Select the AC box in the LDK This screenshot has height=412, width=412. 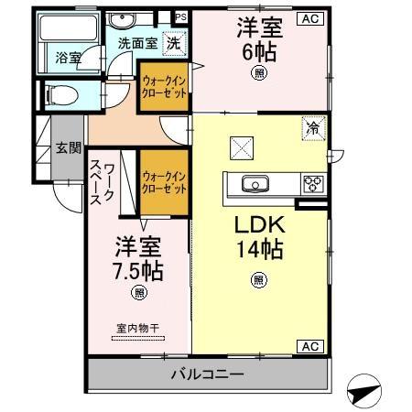pos(310,346)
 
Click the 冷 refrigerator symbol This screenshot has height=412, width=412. pos(312,129)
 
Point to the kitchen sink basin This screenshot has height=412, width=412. pos(255,183)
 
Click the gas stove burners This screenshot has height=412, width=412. pos(313,183)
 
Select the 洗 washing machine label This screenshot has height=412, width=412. pos(171,41)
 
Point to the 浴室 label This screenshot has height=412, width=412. pos(68,57)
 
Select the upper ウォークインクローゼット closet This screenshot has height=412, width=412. pos(164,86)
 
